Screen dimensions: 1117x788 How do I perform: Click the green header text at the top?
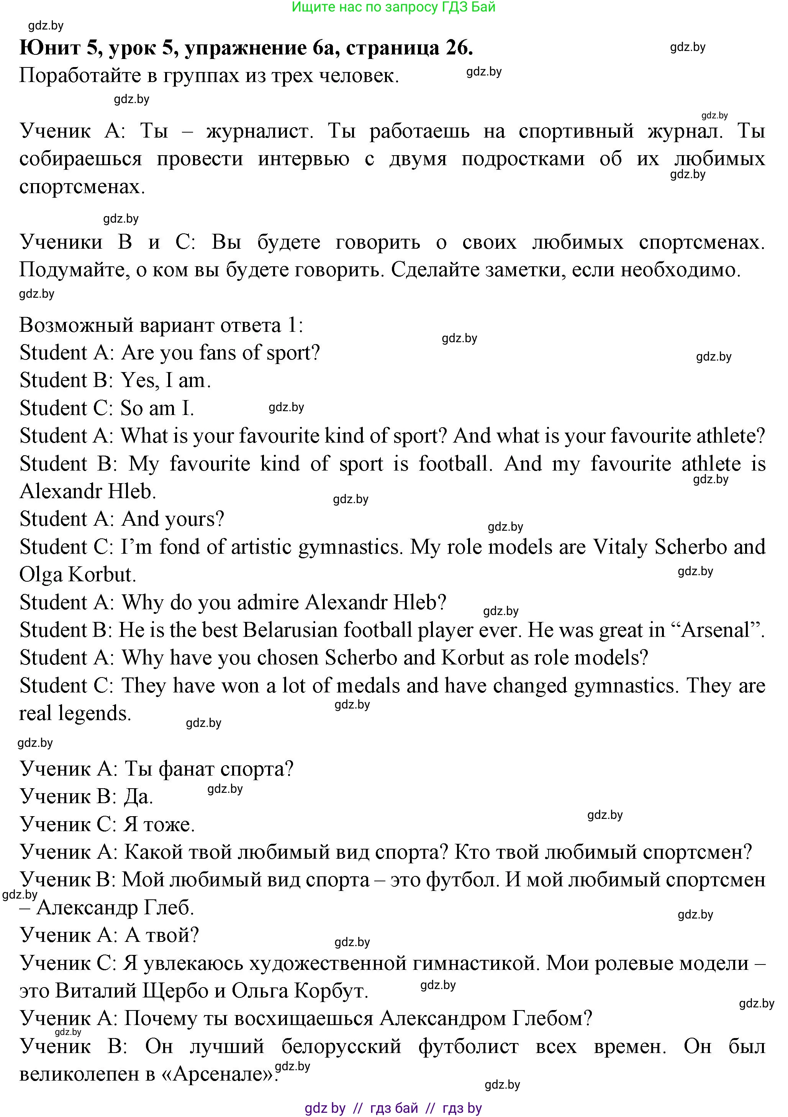(393, 7)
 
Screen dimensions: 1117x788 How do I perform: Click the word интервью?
(303, 159)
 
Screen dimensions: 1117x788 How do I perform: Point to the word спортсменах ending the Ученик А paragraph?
(82, 187)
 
